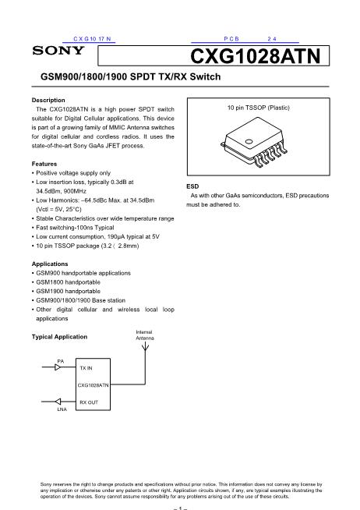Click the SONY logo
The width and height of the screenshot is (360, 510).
[x=58, y=51]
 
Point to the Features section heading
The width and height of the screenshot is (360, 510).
[x=44, y=163]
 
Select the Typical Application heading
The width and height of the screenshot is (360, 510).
[x=59, y=337]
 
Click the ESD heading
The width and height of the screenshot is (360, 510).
[x=192, y=187]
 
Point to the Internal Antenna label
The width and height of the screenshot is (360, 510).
[x=145, y=335]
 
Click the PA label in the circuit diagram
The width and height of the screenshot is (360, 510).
[x=61, y=360]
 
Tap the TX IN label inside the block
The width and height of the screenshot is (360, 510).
[x=86, y=367]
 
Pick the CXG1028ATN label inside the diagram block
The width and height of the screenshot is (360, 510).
[x=93, y=384]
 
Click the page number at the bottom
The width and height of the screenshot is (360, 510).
[x=179, y=506]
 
